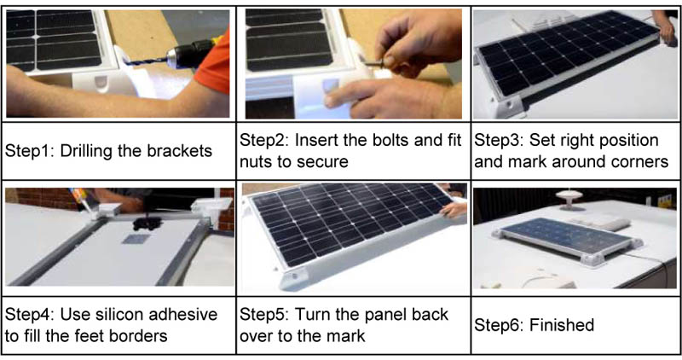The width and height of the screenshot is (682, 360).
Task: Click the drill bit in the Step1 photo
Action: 146,61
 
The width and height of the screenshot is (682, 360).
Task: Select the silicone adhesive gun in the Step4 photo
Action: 88,200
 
